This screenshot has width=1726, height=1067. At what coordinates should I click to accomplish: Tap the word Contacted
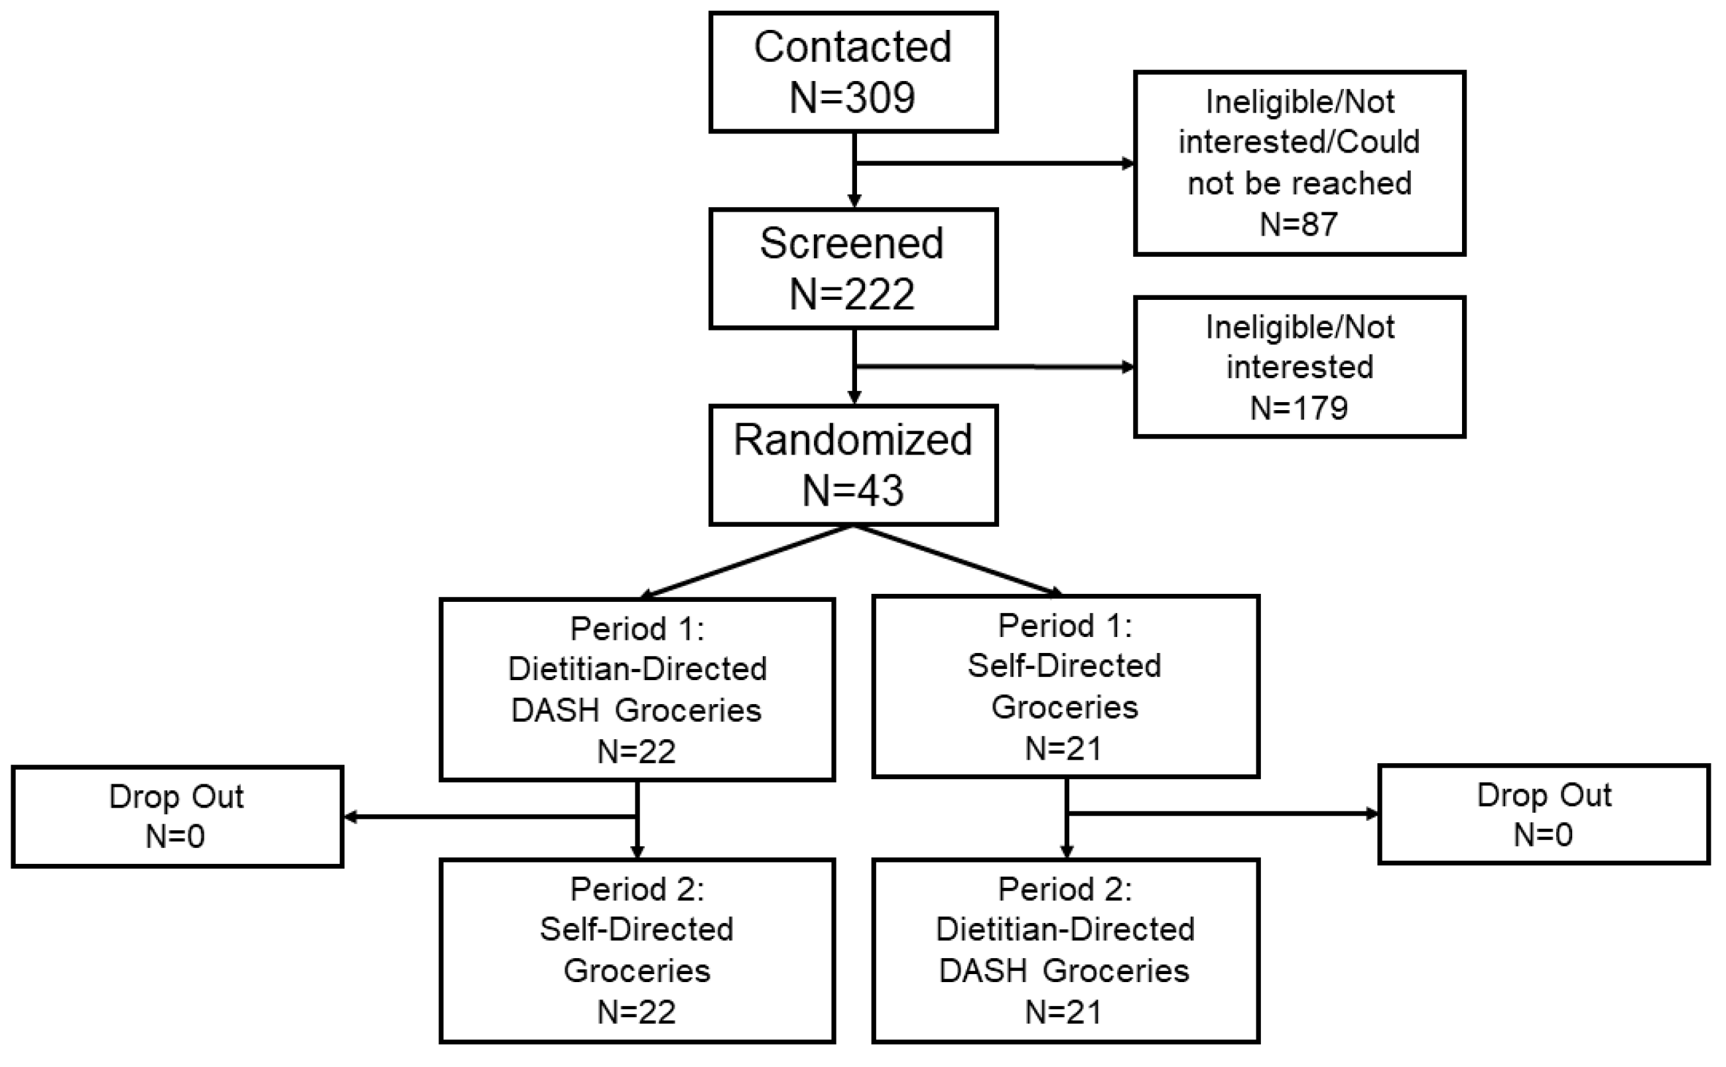pyautogui.click(x=853, y=47)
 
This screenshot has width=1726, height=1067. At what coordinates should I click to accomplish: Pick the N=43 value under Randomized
pyautogui.click(x=853, y=490)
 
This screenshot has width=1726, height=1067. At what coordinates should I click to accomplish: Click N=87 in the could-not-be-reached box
pyautogui.click(x=1299, y=224)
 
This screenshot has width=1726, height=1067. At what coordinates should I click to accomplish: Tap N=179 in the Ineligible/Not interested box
pyautogui.click(x=1299, y=408)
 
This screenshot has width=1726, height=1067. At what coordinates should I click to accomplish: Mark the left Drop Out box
pyautogui.click(x=177, y=816)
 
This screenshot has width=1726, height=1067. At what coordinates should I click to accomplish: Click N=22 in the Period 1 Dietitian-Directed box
pyautogui.click(x=636, y=752)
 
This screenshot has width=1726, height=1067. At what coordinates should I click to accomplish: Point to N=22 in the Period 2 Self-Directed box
pyautogui.click(x=636, y=1012)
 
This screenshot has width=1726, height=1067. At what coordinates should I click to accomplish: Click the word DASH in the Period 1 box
pyautogui.click(x=555, y=711)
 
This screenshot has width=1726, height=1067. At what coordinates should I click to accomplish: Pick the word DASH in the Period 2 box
pyautogui.click(x=983, y=971)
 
